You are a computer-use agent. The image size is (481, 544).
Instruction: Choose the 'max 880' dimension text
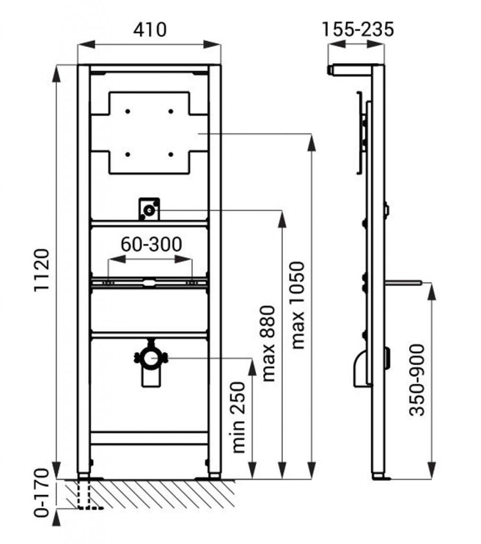click(x=269, y=343)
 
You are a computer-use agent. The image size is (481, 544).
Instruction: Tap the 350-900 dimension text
click(x=417, y=379)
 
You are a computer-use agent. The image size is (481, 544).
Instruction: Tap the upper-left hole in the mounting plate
click(x=128, y=111)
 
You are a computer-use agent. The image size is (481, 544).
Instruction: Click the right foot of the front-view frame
click(x=214, y=474)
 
